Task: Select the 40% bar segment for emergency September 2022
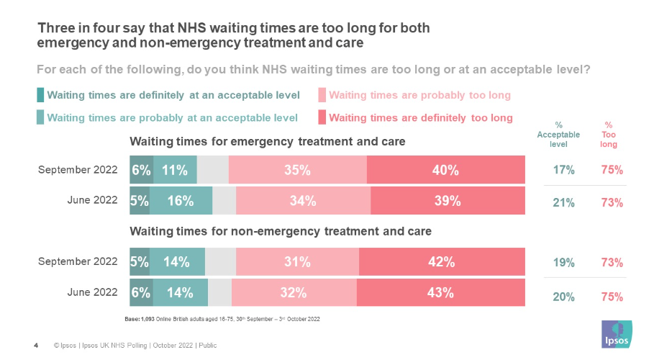pos(445,171)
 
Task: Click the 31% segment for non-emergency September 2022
pos(297,262)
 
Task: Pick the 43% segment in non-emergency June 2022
pos(440,293)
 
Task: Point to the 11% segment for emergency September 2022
pos(175,171)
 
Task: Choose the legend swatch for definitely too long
pos(322,117)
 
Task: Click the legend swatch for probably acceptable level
pos(41,117)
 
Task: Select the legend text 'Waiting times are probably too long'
pos(419,95)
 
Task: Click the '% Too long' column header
pos(609,134)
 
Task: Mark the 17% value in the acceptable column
pos(563,171)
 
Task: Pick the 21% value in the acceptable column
pos(563,203)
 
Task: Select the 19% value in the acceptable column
pos(563,263)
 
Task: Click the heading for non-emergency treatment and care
pos(281,232)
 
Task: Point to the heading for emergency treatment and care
pos(267,142)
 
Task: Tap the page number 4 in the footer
pos(36,346)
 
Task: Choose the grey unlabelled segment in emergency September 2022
pos(212,171)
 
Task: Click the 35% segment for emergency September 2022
pos(297,171)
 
